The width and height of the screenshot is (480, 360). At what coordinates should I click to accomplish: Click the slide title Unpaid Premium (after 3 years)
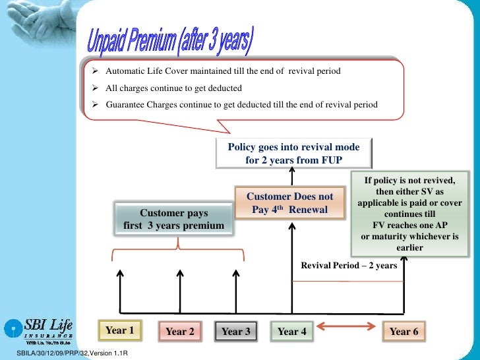[x=169, y=44]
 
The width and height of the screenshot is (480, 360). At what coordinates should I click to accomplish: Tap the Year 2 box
[x=179, y=332]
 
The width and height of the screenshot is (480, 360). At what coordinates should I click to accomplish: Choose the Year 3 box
[x=235, y=332]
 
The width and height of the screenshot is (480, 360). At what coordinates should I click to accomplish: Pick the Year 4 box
[x=292, y=332]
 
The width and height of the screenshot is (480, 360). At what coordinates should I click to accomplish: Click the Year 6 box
[x=404, y=332]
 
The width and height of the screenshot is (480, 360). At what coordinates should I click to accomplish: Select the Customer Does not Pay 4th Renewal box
[x=290, y=203]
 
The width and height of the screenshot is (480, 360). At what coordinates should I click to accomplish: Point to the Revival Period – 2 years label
[x=349, y=266]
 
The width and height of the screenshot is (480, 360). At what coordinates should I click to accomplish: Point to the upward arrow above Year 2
[x=179, y=290]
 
